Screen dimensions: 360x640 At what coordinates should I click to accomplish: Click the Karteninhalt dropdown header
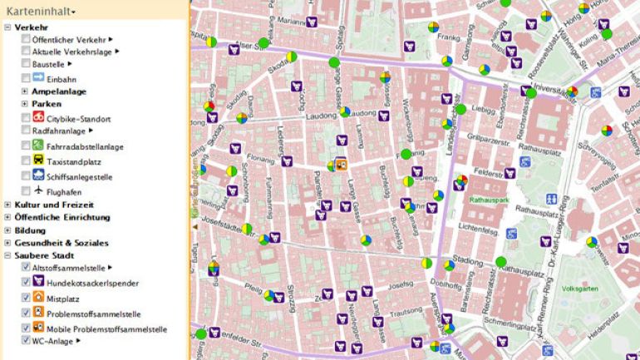click(x=42, y=11)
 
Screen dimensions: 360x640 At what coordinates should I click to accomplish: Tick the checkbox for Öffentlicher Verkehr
click(x=27, y=39)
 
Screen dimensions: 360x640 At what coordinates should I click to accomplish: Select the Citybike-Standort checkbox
click(x=27, y=119)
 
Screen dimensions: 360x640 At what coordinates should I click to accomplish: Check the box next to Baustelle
click(x=27, y=64)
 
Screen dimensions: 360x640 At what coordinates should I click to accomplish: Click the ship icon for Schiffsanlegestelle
click(x=38, y=176)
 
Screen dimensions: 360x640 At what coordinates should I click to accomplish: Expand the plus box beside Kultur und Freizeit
click(x=7, y=205)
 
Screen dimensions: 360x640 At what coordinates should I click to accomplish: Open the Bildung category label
click(x=30, y=230)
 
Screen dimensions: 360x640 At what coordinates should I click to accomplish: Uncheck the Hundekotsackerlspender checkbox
click(x=27, y=284)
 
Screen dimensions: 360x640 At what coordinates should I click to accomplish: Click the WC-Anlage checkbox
click(x=27, y=341)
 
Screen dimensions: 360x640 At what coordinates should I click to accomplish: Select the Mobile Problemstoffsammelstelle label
click(x=107, y=329)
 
